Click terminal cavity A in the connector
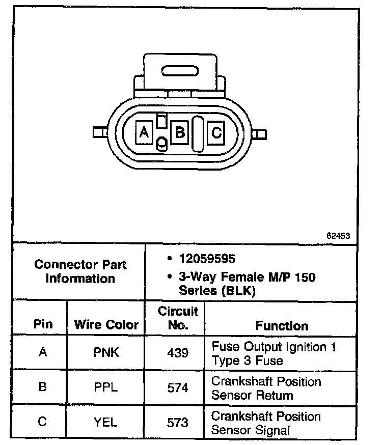(144, 132)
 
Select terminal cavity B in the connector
(179, 132)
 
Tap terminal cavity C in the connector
(216, 133)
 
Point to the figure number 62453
(338, 236)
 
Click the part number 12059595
(207, 259)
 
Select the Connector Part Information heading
(80, 271)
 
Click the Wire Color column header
(106, 325)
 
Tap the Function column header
(282, 325)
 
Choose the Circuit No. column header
(178, 318)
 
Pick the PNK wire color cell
(106, 352)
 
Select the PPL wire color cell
(106, 387)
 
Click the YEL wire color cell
(106, 422)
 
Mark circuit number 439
(178, 352)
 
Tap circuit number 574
(178, 387)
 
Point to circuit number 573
(178, 422)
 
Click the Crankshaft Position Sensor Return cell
(266, 388)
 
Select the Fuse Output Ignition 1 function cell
(273, 353)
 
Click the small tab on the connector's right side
(261, 134)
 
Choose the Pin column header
(43, 325)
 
